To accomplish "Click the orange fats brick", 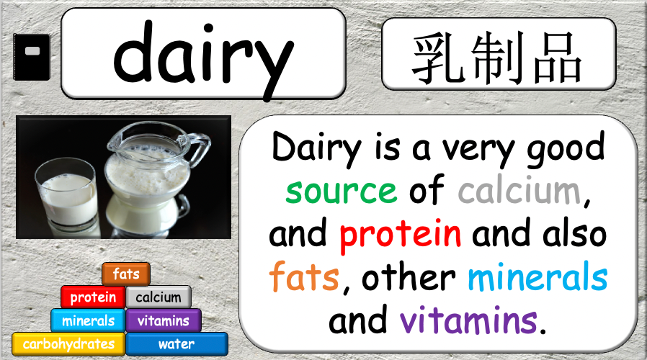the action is (x=126, y=274).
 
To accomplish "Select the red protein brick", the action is (x=93, y=297).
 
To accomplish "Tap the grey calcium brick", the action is (x=159, y=297).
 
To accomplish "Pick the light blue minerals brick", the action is (x=88, y=320).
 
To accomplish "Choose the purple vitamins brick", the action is (x=164, y=320).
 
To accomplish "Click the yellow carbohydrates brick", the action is (x=68, y=344).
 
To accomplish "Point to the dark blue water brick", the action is (x=177, y=344).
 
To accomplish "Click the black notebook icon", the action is (x=32, y=57).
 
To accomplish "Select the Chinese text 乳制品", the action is (x=498, y=58).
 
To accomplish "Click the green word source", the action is (x=342, y=191).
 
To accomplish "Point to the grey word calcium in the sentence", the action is (x=519, y=189).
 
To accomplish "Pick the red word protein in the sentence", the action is (x=400, y=234).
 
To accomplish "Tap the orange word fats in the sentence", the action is (x=304, y=276).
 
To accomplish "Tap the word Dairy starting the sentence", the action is (x=316, y=148).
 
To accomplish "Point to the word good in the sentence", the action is (x=566, y=148).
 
